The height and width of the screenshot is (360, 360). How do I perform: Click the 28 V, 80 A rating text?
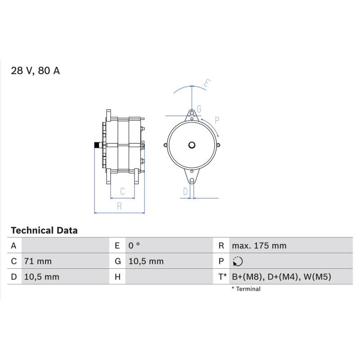[x=36, y=71]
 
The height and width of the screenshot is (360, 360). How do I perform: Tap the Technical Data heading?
[x=44, y=230]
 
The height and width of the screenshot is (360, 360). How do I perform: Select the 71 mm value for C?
[x=38, y=261]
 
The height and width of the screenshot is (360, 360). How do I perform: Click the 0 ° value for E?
[x=134, y=246]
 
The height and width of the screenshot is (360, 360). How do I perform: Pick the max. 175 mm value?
[x=259, y=246]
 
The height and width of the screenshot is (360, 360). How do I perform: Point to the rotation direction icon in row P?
[x=238, y=261]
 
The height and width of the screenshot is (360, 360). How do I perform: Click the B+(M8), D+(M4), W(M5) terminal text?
[x=282, y=277]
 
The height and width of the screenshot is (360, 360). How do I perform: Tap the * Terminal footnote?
[x=246, y=289]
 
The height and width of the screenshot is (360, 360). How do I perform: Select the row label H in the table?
[x=117, y=277]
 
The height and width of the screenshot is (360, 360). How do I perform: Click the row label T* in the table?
[x=222, y=277]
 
